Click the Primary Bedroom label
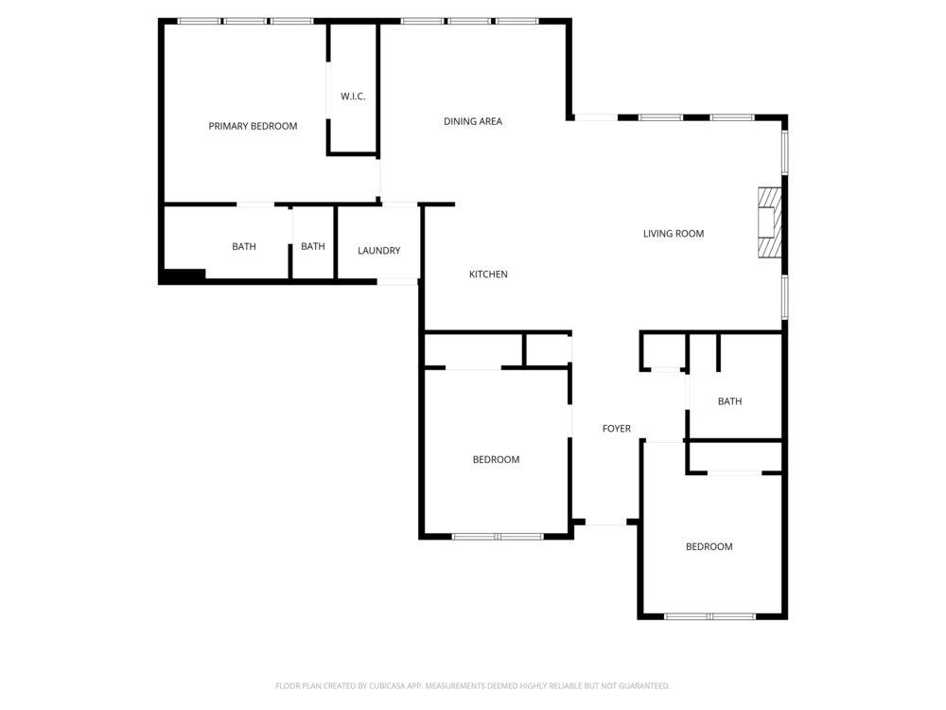253,126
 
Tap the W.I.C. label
353,96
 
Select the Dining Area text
473,121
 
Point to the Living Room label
674,234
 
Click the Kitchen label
488,275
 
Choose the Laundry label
379,251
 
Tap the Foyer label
617,429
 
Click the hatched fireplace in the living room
770,222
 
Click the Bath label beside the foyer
730,401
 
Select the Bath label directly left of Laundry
313,246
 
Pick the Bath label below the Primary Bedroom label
244,246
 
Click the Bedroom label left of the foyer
496,459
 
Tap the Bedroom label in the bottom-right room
709,547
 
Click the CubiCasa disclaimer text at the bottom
472,685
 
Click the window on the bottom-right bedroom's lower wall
710,616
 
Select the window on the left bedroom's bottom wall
498,536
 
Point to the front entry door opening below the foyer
605,523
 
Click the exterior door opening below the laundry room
397,281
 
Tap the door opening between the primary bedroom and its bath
255,204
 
